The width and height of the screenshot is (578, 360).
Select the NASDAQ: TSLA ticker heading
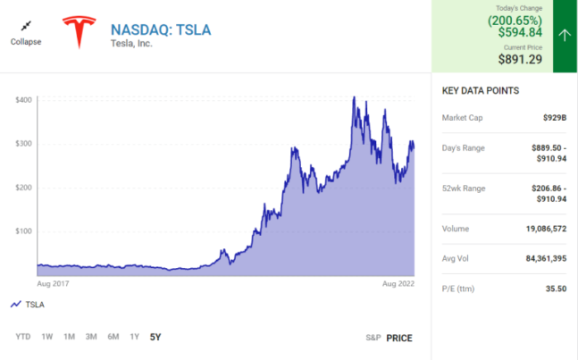pos(161,29)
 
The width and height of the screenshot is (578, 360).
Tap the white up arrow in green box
pos(565,36)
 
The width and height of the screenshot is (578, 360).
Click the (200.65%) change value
pos(515,20)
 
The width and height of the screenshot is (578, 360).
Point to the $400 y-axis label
pos(24,99)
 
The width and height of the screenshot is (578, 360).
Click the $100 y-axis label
pos(24,230)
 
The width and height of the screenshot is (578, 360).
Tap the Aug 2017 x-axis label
pos(53,283)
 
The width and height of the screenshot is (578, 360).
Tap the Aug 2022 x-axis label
pos(399,283)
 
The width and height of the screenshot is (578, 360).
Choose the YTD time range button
pos(23,337)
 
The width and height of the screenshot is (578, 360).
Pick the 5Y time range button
pos(155,337)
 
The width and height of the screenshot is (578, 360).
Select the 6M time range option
pos(113,337)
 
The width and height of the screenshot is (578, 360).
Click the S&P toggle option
pos(373,338)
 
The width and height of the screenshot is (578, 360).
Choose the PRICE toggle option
pos(399,338)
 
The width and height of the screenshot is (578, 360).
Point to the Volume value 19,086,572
pos(541,229)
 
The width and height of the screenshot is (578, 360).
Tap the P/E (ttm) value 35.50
pos(556,289)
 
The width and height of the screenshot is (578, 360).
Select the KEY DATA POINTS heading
pos(481,91)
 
